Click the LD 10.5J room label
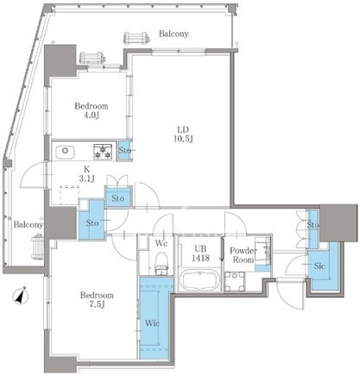183,134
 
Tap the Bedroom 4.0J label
92,110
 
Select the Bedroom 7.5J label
97,300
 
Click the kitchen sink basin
65,151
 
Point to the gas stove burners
103,152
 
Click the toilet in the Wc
161,263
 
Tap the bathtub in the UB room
200,280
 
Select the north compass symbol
21,296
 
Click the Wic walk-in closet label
152,323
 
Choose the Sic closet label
319,266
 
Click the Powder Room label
243,255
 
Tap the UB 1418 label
201,254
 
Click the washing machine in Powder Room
235,281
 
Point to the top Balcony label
174,34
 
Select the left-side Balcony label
28,224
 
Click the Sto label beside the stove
125,150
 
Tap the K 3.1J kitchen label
87,174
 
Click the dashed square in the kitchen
69,196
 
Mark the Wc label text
161,243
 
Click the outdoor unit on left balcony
38,246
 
